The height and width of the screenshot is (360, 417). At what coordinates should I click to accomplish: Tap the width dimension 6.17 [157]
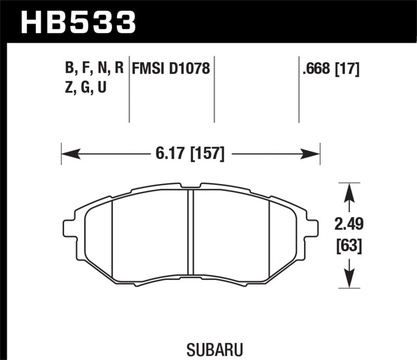point(190,154)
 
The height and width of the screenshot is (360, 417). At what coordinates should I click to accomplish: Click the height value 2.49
point(349,225)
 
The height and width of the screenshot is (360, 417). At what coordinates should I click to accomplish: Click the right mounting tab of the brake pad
point(312,228)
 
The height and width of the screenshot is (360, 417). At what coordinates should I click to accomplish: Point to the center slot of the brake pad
point(190,232)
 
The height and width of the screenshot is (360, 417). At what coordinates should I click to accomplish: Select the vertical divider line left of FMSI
point(129,89)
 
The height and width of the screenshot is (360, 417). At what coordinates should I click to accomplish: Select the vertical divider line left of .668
point(299,89)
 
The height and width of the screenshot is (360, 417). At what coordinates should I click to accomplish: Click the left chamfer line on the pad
point(113,234)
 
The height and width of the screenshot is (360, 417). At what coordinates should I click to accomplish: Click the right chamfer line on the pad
point(268,234)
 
